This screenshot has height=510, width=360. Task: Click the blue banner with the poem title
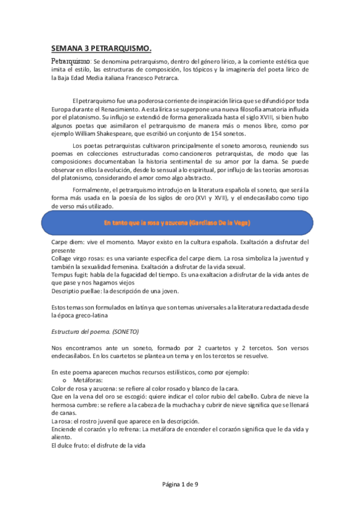coord(177,223)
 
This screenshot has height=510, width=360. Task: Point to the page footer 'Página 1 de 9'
coord(180,484)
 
